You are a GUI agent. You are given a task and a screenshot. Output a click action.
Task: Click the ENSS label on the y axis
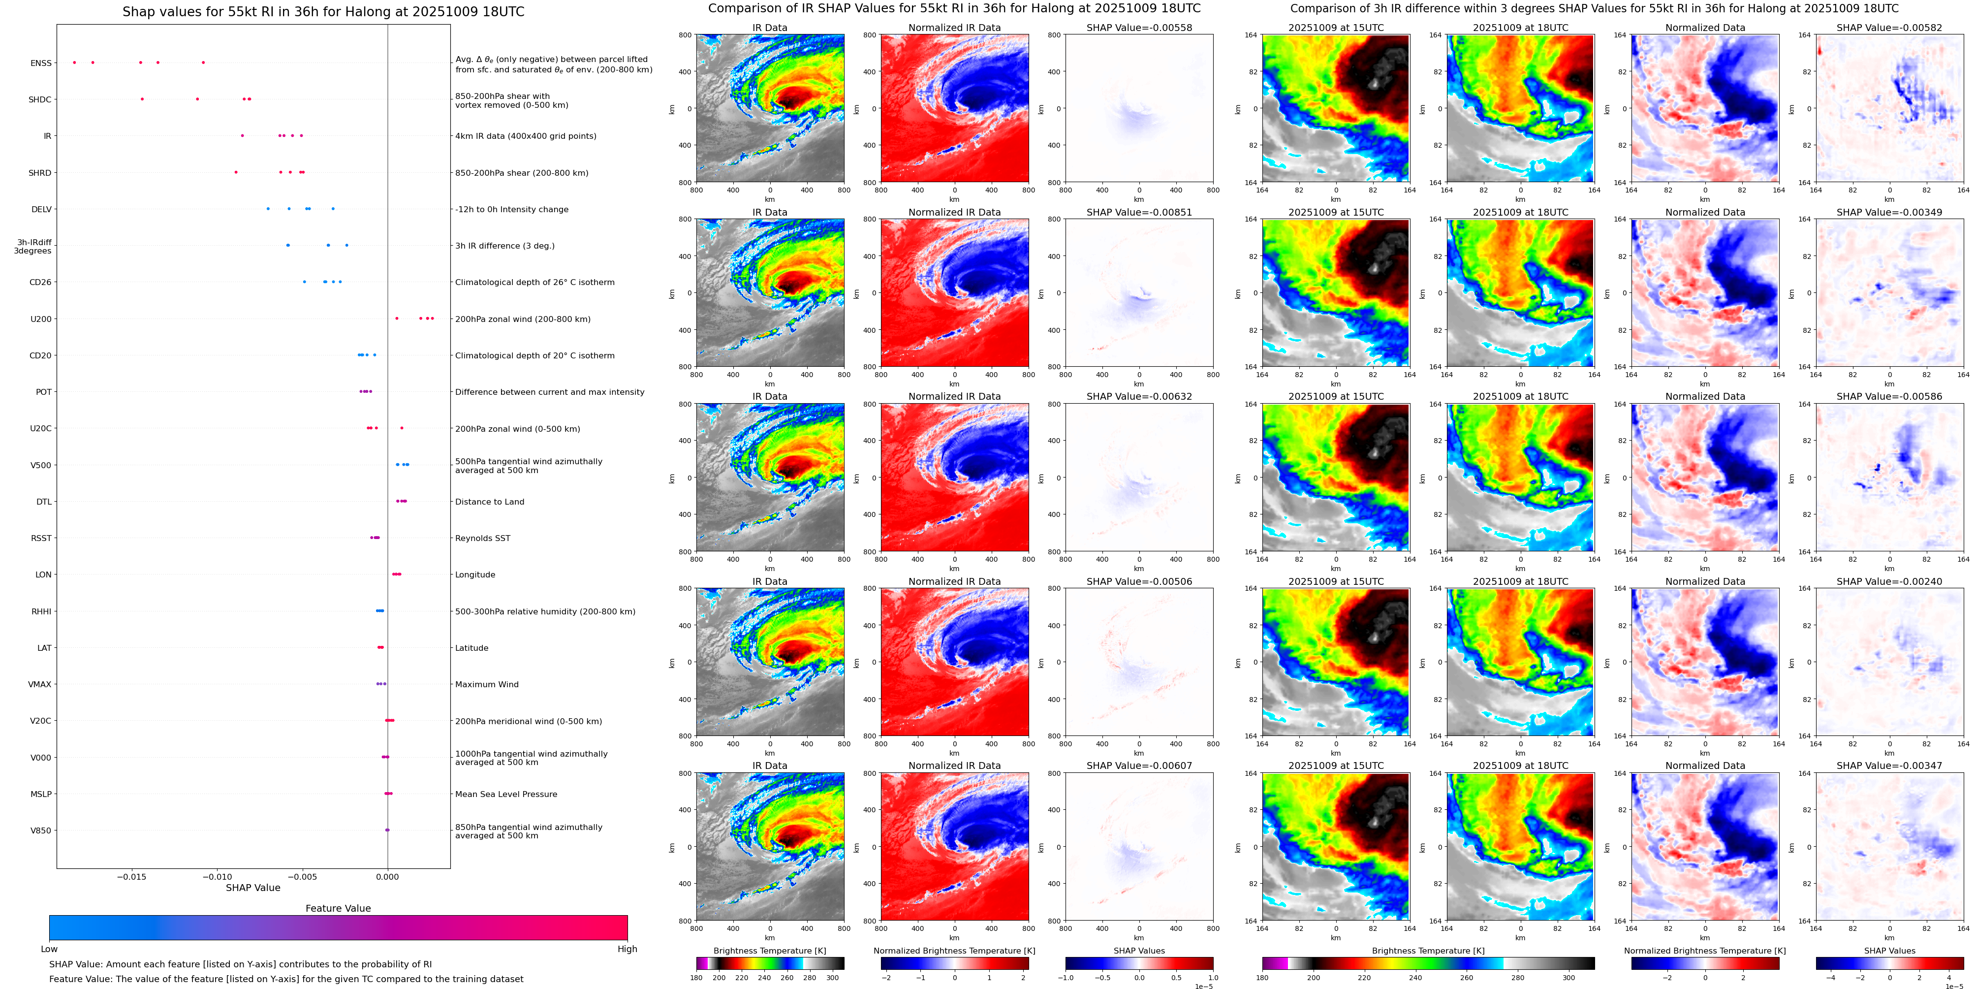point(41,63)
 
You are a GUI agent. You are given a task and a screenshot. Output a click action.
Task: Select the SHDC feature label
point(40,100)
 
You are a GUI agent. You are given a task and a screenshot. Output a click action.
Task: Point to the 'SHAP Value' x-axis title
point(252,888)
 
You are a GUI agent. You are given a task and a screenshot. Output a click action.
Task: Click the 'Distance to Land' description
point(489,502)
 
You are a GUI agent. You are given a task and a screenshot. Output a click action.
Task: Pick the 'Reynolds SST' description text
point(482,539)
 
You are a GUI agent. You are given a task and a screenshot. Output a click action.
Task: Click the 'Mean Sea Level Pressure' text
point(505,794)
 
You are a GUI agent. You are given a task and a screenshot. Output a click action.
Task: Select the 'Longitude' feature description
point(475,574)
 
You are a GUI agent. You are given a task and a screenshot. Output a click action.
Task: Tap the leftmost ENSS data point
point(74,62)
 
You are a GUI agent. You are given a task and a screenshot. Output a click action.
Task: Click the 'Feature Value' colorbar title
point(338,908)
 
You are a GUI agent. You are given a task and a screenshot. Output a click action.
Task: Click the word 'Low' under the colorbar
point(49,949)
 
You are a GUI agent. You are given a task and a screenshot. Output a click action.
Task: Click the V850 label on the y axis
point(41,831)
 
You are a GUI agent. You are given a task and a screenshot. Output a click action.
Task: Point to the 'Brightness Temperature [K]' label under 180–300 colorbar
point(769,951)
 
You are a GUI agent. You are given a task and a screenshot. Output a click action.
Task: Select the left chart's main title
point(323,11)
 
